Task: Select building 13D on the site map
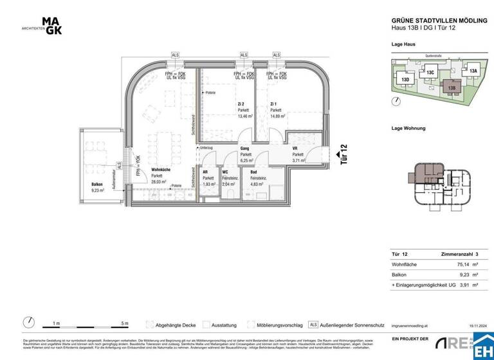[406, 80]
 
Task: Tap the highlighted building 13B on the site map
[452, 88]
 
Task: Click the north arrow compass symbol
[29, 322]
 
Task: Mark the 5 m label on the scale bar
[123, 323]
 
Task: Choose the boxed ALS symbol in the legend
[313, 324]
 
